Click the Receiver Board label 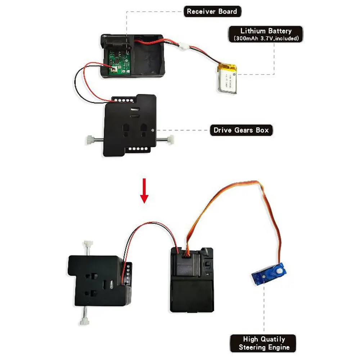(212, 12)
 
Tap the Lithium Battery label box (266, 34)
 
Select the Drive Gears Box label (241, 130)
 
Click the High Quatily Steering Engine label (264, 343)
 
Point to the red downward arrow (144, 190)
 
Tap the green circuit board (119, 62)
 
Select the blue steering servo (269, 274)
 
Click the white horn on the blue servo (279, 271)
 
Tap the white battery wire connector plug (184, 46)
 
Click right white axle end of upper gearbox (171, 140)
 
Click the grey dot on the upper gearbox (153, 130)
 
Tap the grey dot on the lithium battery (234, 75)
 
